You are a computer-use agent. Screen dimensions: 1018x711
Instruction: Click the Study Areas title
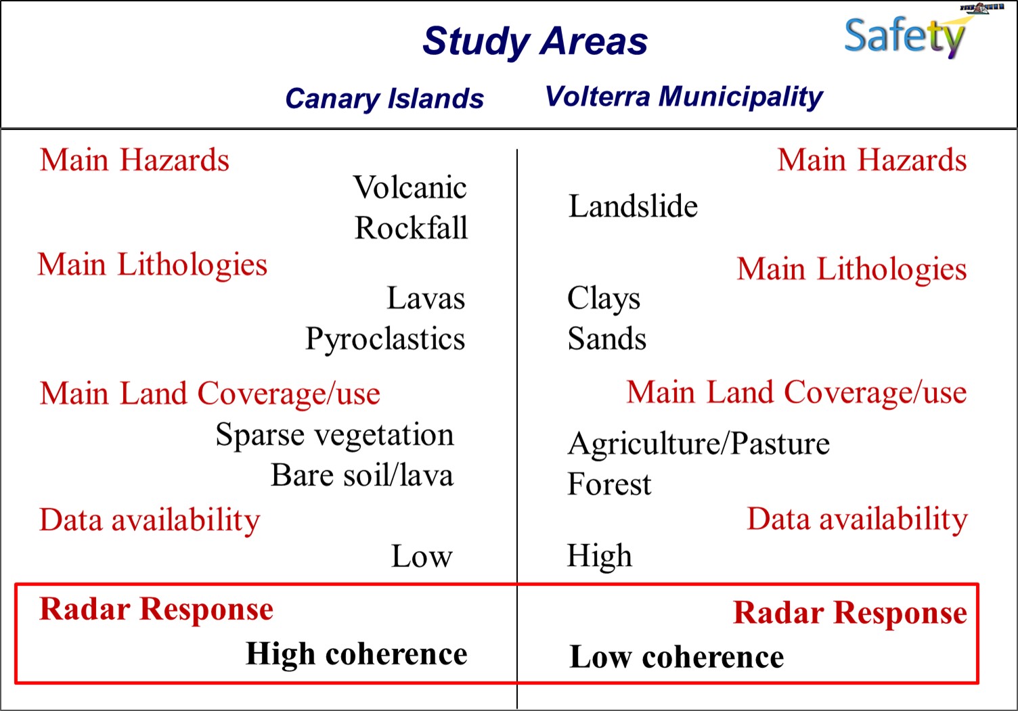535,42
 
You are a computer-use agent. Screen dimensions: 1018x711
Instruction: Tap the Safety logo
904,37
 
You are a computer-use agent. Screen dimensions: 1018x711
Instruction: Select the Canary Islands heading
384,99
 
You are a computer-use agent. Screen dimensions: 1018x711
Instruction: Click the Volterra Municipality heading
684,97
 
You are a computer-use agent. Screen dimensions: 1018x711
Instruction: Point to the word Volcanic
410,187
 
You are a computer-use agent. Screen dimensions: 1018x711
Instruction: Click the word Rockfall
411,227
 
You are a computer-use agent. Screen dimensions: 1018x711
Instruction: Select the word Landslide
633,206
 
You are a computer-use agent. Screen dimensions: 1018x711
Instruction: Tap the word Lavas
426,298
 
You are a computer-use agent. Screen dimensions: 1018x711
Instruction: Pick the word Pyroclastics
385,340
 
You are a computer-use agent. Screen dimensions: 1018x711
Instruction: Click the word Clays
604,299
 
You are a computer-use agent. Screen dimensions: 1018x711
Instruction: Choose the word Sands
606,338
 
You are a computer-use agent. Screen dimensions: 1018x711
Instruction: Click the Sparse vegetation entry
334,435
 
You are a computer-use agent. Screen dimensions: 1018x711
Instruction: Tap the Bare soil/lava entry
362,475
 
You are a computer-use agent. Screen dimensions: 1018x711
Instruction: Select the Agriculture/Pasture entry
699,444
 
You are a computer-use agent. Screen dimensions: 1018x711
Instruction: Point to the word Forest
609,484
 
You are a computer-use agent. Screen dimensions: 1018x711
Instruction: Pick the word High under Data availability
600,556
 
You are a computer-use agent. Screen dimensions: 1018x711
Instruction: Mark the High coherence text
357,654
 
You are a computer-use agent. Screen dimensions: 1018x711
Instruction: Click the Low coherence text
677,657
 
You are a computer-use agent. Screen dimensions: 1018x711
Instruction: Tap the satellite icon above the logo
981,7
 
